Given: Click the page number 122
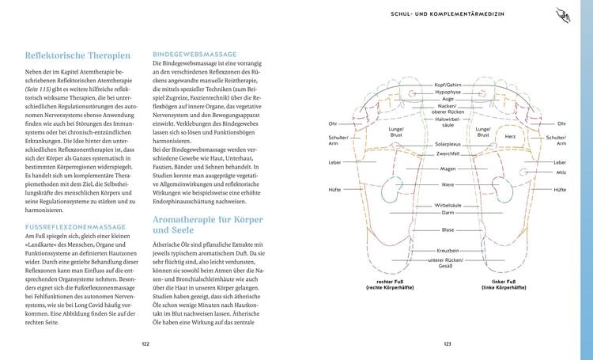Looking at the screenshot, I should pos(145,343).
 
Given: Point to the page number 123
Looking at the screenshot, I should pos(447,343).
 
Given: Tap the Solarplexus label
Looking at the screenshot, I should pos(448,145).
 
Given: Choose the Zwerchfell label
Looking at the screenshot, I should pos(448,155).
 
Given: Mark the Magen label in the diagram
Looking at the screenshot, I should pos(448,169).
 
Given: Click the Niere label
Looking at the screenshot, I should pos(448,184).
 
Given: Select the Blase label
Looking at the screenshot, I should pos(448,229).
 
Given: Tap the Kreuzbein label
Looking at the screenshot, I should pos(448,251).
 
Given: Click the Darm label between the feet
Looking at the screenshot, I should pos(448,212).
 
